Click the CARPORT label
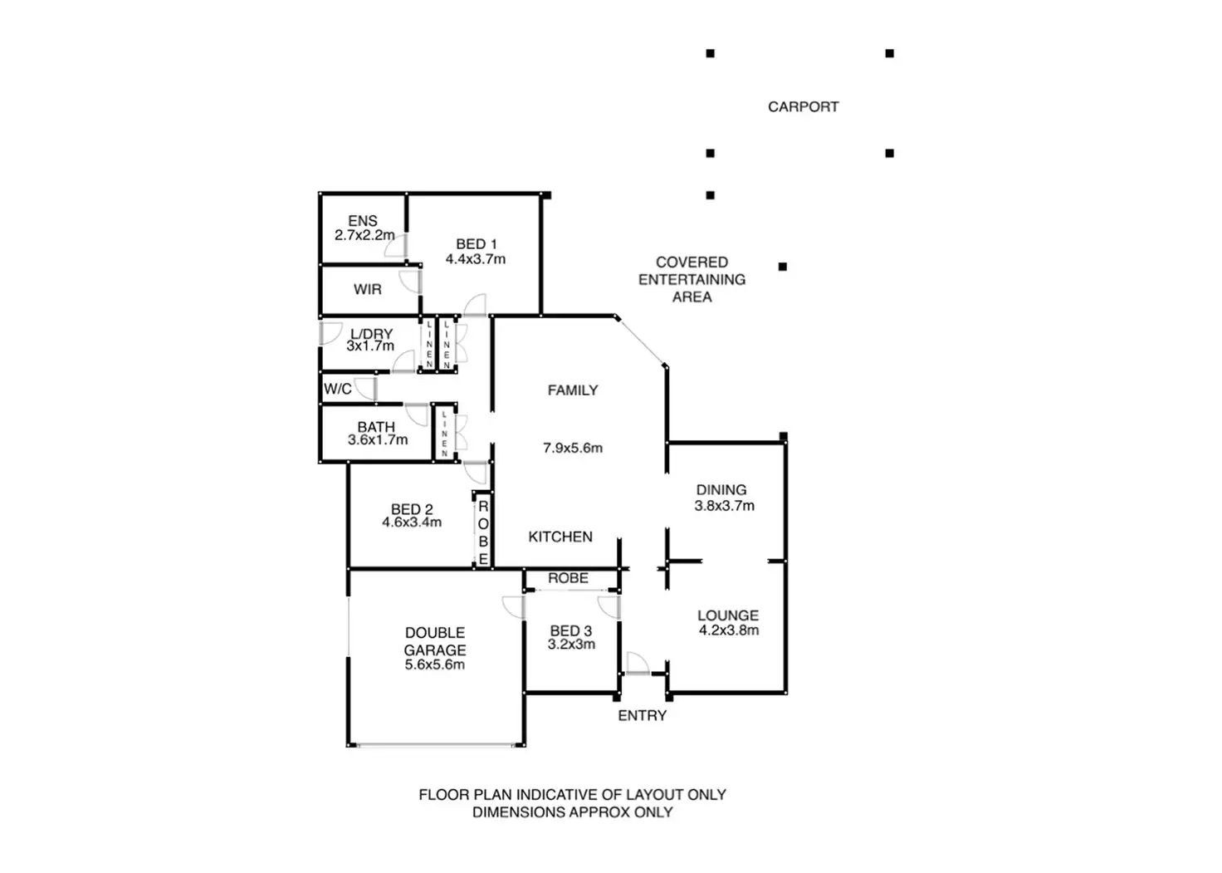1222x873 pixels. pos(803,107)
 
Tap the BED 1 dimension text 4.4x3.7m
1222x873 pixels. pos(475,259)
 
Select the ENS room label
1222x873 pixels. pos(363,221)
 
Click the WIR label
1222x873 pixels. pos(367,290)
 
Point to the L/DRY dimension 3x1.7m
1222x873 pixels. pos(370,346)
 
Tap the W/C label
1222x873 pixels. pos(338,389)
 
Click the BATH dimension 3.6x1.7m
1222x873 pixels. pos(378,440)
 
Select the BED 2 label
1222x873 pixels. pos(412,509)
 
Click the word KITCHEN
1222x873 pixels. pos(560,537)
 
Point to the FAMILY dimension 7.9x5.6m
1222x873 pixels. pos(573,449)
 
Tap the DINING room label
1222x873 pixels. pos(721,490)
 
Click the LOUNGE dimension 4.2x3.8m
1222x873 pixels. pos(728,630)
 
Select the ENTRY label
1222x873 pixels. pos(642,715)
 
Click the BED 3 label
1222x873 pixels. pos(571,631)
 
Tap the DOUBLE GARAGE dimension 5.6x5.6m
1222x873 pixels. pos(434,665)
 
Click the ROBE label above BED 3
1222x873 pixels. pos(568,578)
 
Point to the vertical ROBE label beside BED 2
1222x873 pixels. pos(483,532)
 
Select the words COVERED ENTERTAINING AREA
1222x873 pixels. pos(692,280)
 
